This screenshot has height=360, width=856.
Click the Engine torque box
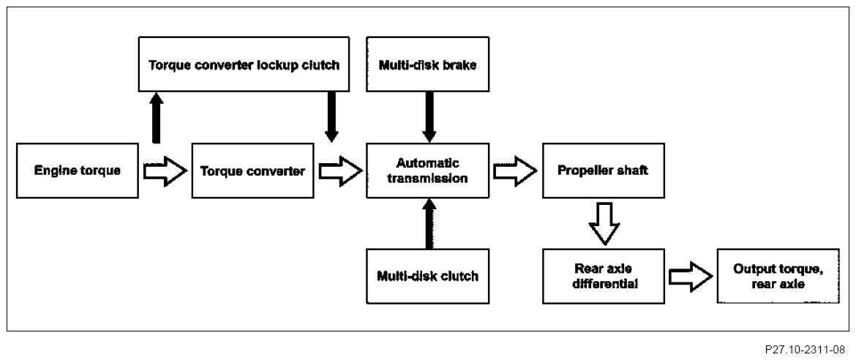click(77, 170)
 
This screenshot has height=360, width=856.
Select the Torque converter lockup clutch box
click(244, 64)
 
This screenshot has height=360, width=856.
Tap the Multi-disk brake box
click(427, 64)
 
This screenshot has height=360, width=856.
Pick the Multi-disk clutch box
click(427, 276)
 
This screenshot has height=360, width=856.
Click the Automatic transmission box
click(427, 170)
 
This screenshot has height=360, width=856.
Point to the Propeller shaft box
click(604, 170)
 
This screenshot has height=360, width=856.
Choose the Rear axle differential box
click(604, 276)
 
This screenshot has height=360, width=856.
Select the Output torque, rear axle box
click(778, 276)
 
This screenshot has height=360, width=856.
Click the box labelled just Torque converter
click(252, 170)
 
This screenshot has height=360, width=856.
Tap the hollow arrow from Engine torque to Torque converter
click(165, 171)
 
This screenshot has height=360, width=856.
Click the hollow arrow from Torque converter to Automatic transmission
click(340, 171)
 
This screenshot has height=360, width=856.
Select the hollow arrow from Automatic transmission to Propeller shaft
click(515, 171)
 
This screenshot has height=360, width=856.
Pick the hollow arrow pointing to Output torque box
click(691, 276)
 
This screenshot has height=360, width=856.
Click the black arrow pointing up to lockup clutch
click(156, 118)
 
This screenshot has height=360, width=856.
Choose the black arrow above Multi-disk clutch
click(429, 223)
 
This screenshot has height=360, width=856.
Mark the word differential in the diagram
click(604, 284)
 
